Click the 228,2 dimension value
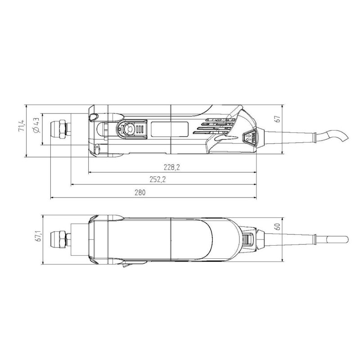click(x=171, y=167)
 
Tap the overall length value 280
click(x=139, y=193)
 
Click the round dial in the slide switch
click(x=127, y=129)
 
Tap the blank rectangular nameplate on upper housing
click(x=169, y=129)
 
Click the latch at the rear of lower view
click(x=247, y=241)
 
